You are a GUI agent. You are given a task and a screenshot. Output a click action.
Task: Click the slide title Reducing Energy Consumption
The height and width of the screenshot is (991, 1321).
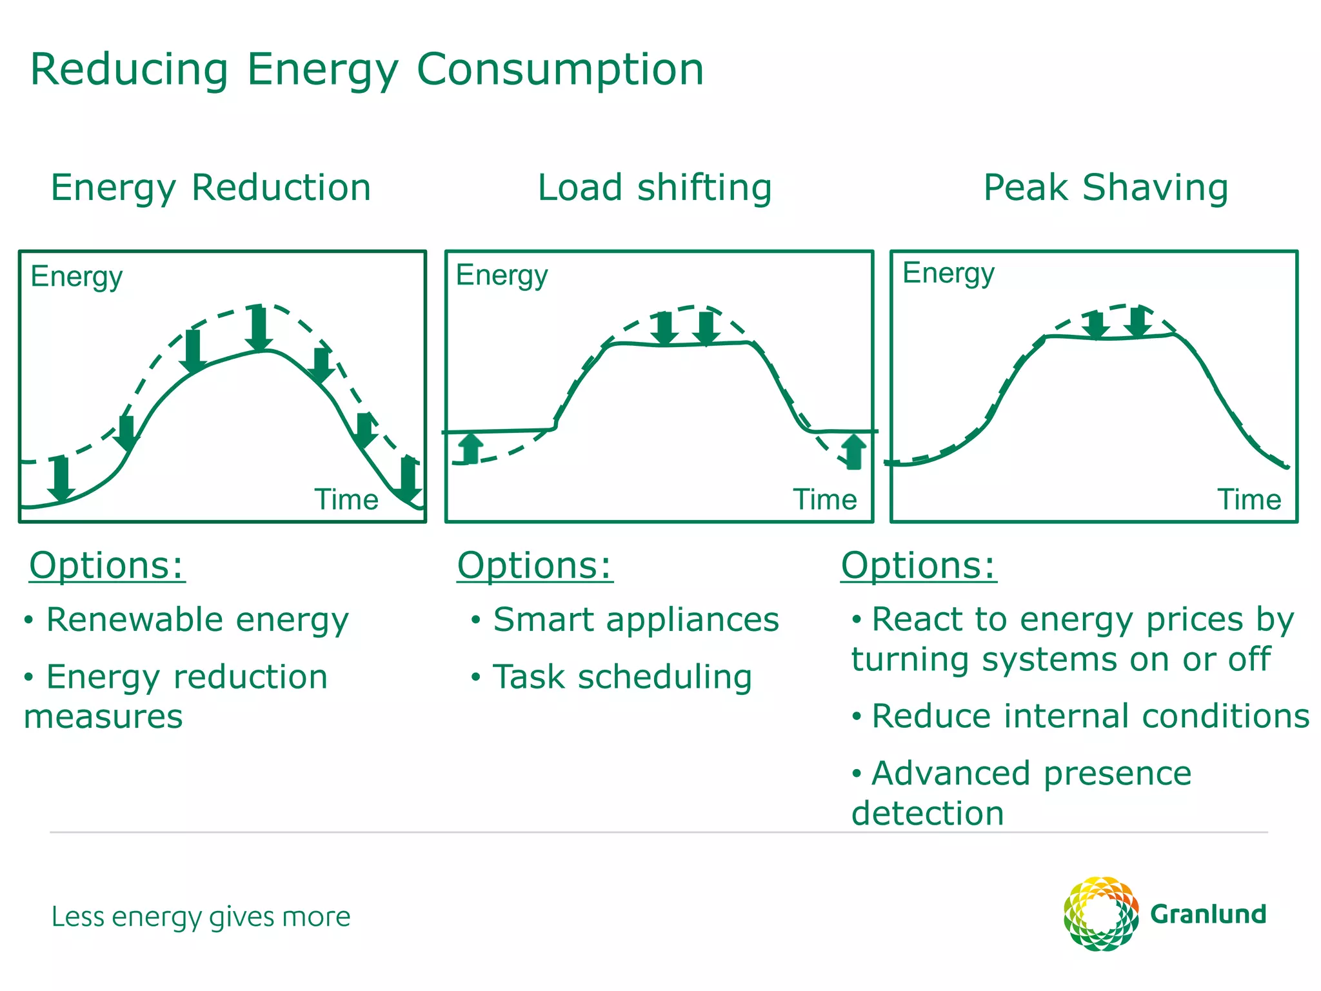tap(366, 70)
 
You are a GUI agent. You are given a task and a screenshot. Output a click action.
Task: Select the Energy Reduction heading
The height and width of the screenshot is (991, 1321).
tap(211, 188)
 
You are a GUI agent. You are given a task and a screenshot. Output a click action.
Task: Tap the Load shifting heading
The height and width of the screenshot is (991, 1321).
tap(654, 188)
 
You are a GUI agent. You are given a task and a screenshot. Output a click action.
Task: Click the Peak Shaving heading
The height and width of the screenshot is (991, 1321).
tap(1105, 188)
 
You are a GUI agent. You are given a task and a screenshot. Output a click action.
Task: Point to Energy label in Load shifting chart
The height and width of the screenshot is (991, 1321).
tap(501, 275)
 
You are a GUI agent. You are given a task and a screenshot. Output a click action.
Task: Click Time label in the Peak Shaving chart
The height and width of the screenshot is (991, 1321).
tap(1248, 499)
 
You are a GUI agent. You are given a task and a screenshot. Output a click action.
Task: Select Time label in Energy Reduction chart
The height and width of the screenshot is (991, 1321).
tap(346, 499)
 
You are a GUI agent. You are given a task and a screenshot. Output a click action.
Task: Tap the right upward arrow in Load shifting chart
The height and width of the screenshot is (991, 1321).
tap(853, 451)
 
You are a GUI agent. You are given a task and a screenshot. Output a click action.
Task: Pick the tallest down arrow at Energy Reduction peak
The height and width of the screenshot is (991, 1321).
tap(259, 328)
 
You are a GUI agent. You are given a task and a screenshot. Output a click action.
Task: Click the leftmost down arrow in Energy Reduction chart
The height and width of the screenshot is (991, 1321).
tap(61, 478)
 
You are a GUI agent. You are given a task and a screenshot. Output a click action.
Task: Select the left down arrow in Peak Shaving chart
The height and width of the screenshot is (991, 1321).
tap(1095, 325)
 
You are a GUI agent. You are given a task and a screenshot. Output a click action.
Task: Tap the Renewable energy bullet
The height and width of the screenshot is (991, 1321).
tap(197, 619)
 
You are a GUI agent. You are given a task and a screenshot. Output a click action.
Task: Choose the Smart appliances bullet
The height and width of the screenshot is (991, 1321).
tap(635, 619)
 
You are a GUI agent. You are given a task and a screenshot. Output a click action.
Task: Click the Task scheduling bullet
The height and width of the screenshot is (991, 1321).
tap(622, 677)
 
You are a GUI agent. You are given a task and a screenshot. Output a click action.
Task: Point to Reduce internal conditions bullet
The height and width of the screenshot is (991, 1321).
tap(1089, 716)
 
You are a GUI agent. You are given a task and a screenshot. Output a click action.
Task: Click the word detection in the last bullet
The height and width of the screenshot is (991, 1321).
tap(927, 813)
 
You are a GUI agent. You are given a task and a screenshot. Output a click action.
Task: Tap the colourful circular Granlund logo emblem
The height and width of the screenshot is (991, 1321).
tap(1100, 914)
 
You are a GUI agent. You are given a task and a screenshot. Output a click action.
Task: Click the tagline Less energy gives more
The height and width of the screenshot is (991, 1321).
tap(201, 917)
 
